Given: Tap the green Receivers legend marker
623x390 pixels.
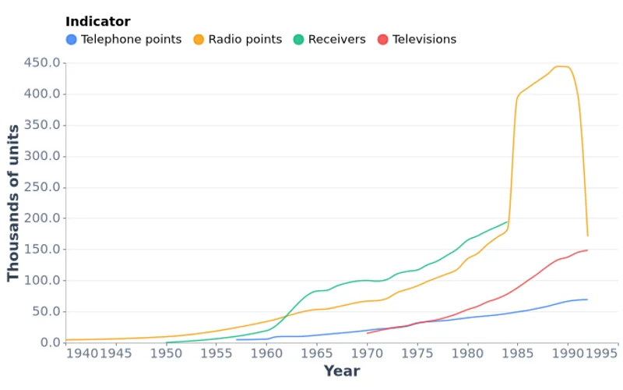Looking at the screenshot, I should click(x=298, y=40).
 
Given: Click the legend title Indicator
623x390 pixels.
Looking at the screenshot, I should click(x=97, y=22).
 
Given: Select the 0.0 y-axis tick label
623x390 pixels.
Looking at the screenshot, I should click(x=49, y=342).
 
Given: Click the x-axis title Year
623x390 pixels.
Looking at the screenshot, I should click(x=342, y=371).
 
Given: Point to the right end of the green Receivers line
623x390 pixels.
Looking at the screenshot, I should click(x=507, y=222).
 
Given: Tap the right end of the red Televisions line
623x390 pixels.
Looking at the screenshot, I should click(x=587, y=250).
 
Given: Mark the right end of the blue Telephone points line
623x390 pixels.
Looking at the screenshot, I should click(x=587, y=300).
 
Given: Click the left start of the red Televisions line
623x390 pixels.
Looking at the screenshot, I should click(x=367, y=333).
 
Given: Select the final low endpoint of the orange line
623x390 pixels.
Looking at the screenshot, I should click(x=587, y=236).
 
